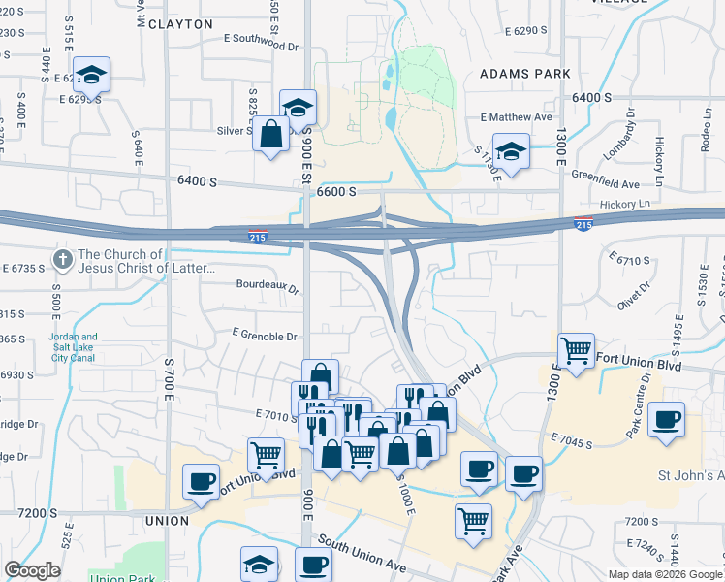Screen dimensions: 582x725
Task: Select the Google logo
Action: pos(32,570)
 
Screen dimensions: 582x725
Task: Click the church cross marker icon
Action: pos(62,259)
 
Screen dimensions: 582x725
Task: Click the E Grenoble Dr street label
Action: pos(264,336)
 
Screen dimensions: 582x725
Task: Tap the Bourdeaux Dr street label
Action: pos(268,285)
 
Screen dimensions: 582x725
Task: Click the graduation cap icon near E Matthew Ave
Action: pos(510,152)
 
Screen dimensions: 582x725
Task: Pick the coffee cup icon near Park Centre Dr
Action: pos(666,420)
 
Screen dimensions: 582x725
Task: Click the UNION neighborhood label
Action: pos(167,521)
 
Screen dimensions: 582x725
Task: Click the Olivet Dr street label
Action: pos(635,293)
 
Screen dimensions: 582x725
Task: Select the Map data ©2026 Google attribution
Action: pos(665,574)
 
